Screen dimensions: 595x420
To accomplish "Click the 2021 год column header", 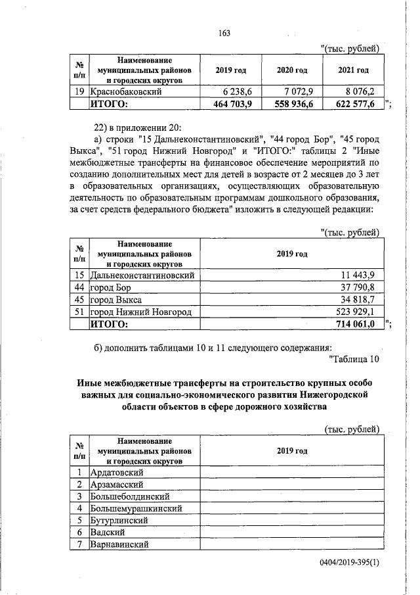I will click(353, 70).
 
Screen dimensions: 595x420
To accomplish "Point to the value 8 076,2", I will click(357, 91).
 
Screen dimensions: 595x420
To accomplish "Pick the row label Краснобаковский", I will click(127, 92).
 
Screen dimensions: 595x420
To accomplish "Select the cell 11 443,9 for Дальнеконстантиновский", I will click(358, 274).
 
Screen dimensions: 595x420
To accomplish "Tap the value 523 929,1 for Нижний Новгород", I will click(357, 311).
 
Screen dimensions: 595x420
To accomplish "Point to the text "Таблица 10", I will click(352, 358).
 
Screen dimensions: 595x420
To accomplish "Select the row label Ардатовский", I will click(117, 472).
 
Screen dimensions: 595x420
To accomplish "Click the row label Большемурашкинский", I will click(135, 508).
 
